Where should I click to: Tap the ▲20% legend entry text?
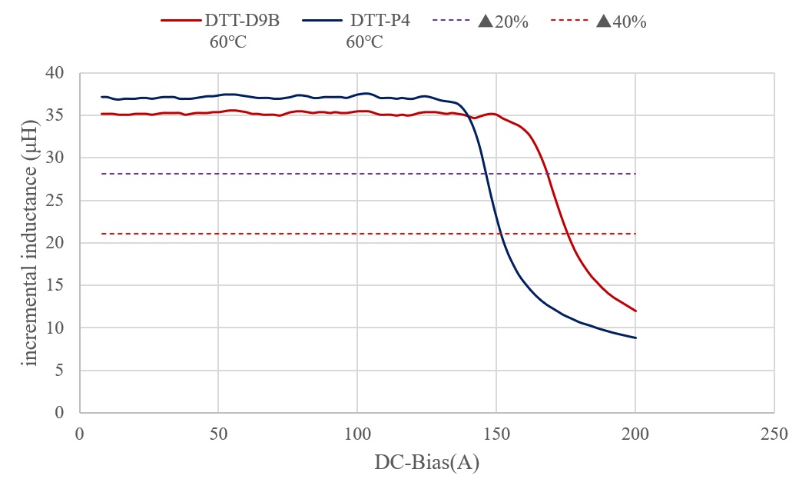(x=503, y=22)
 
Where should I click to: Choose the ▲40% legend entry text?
(x=621, y=22)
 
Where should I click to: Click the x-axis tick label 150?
(x=496, y=434)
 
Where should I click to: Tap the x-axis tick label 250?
(x=774, y=434)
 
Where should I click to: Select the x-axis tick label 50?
(x=218, y=434)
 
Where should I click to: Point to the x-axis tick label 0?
(x=79, y=434)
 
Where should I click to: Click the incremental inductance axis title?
(x=31, y=243)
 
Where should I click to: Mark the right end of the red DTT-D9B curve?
(x=636, y=311)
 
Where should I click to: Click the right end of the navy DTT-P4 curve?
(x=636, y=338)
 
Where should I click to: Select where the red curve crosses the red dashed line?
(x=567, y=234)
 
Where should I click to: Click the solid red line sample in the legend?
(x=178, y=22)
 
